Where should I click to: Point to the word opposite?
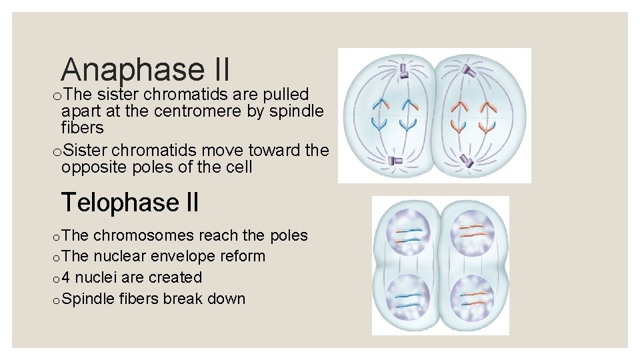click(x=93, y=167)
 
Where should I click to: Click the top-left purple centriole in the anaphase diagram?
click(x=403, y=71)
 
